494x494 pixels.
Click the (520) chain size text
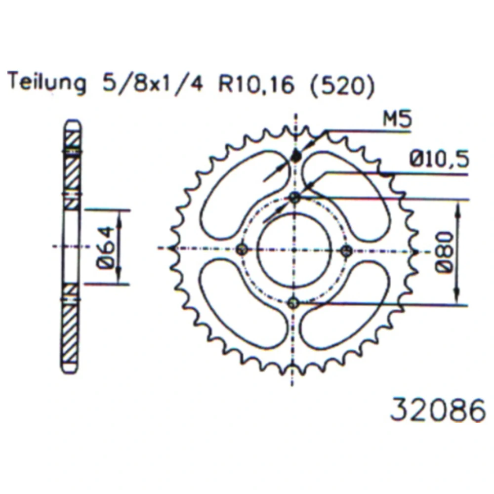coord(342,85)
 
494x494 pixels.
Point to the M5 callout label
coord(397,120)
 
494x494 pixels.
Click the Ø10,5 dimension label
coord(439,159)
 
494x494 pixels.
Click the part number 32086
coord(438,410)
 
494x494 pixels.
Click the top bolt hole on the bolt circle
coord(294,198)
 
